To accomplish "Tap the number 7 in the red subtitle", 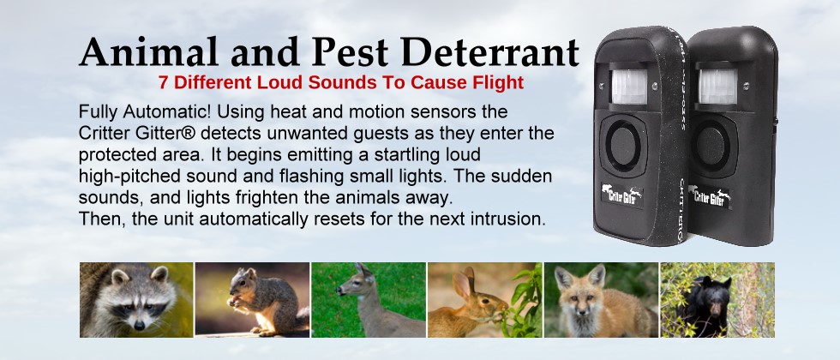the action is click(163, 82).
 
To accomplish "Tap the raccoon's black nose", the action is click(139, 325).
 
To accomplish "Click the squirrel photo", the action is click(252, 299).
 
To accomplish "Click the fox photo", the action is click(601, 299).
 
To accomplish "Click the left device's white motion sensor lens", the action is click(629, 87).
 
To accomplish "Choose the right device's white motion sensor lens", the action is click(717, 87).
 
